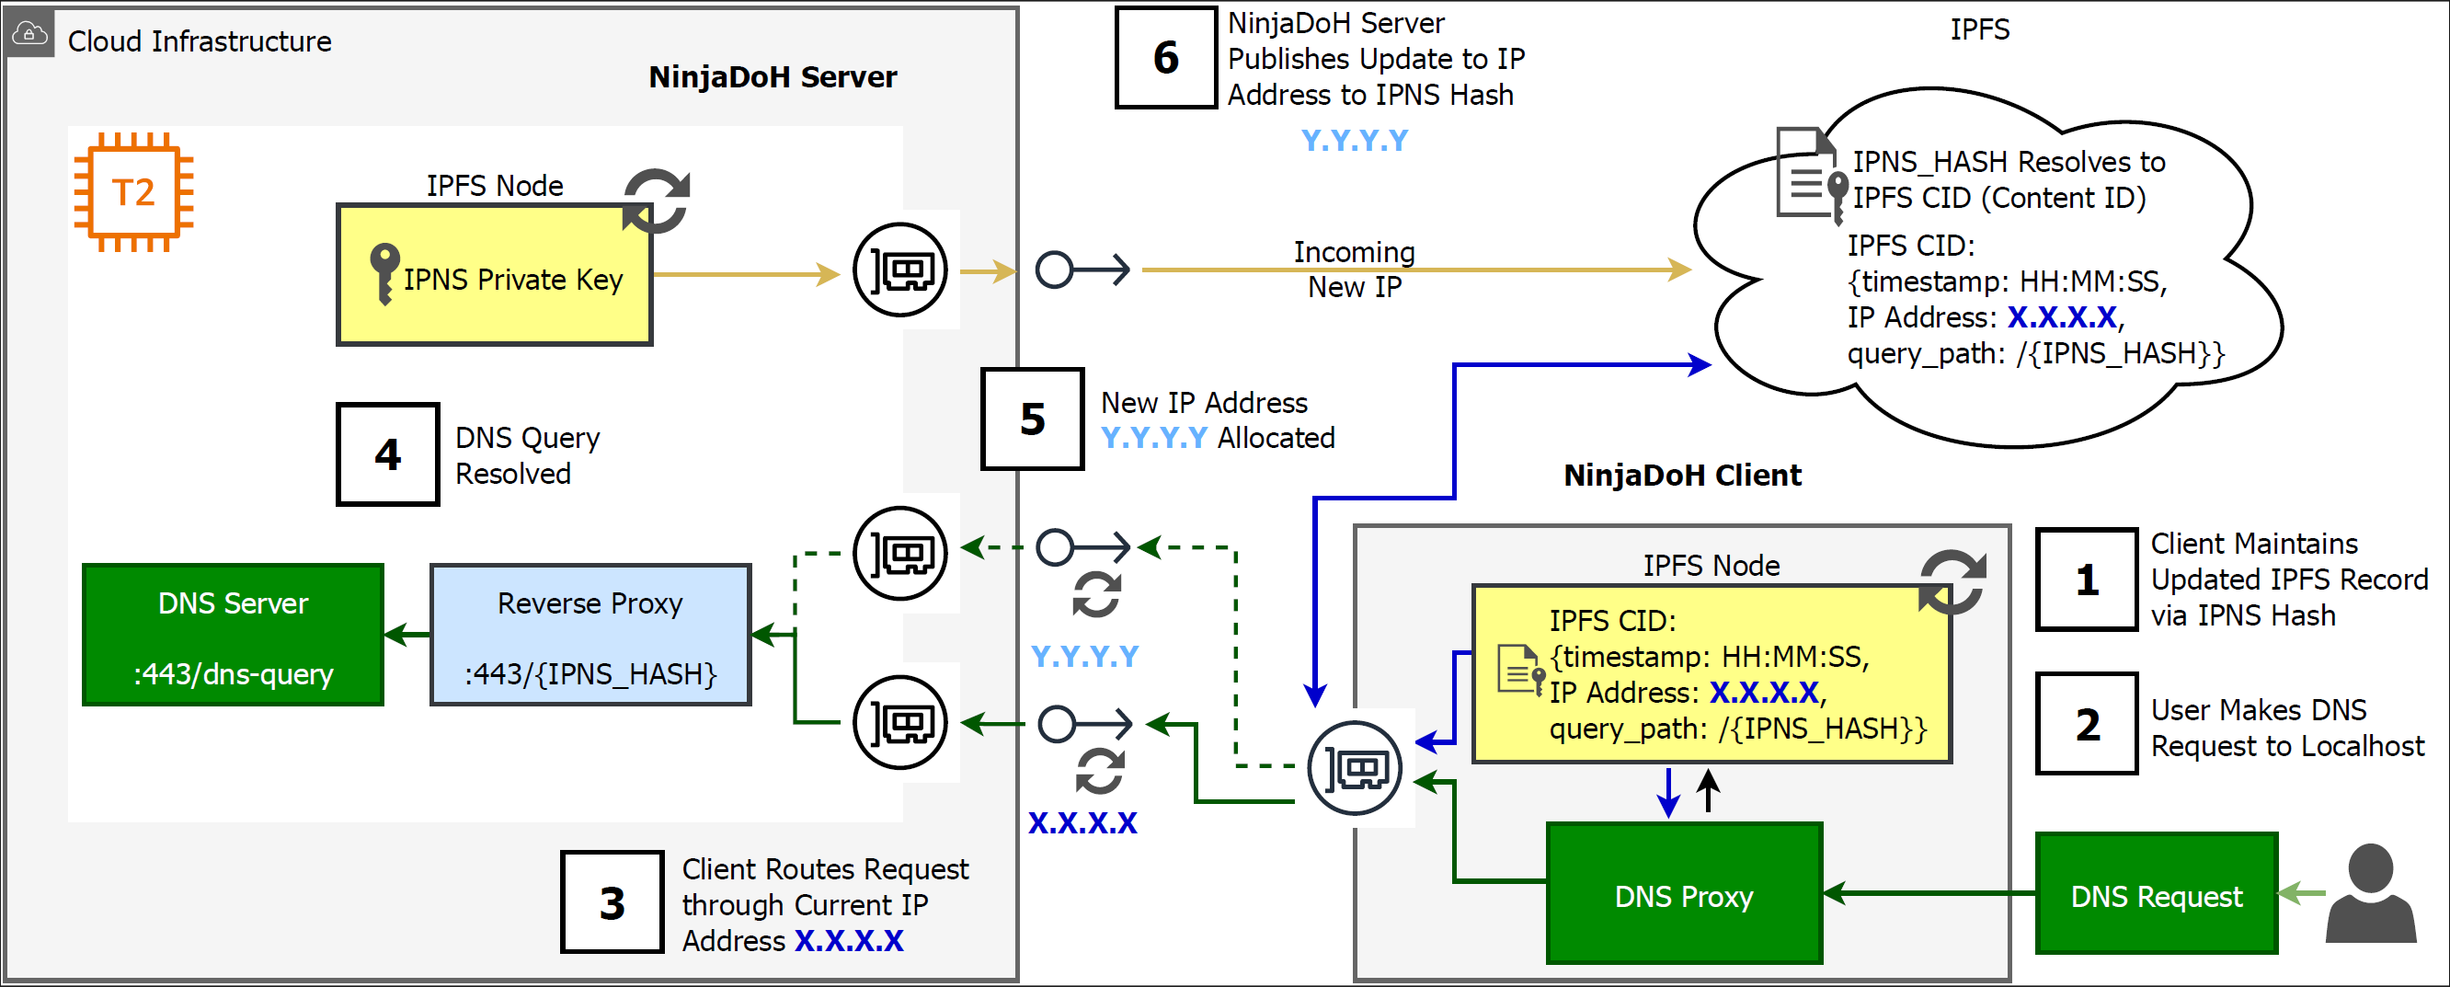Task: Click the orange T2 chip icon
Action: point(134,192)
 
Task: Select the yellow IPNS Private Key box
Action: point(495,275)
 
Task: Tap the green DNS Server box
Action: point(233,634)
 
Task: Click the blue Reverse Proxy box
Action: point(590,634)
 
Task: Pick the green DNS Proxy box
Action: point(1683,894)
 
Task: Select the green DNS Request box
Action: point(2156,894)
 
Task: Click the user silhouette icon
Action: point(2370,894)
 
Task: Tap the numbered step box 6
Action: point(1165,58)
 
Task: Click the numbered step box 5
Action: point(1032,419)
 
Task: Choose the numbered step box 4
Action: point(387,454)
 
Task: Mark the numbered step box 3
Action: point(612,902)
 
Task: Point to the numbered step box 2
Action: point(2087,725)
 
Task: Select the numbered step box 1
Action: point(2087,580)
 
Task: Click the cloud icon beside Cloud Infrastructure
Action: point(29,34)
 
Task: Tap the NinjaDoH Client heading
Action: point(1681,475)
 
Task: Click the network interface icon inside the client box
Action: point(1355,767)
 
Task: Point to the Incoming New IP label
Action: point(1354,270)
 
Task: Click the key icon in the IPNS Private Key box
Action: point(384,273)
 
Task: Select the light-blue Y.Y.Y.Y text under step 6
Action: point(1354,141)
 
